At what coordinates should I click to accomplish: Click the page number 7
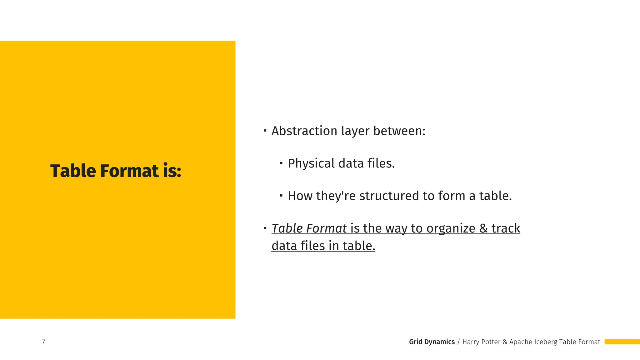(x=43, y=342)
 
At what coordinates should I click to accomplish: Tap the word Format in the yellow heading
(x=129, y=171)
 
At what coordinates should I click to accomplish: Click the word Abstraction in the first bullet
(x=304, y=131)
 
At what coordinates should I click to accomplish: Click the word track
(x=506, y=228)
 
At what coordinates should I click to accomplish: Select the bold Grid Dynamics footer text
(x=432, y=342)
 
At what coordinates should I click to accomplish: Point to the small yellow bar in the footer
(x=622, y=342)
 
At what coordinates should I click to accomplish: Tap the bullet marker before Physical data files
(x=281, y=163)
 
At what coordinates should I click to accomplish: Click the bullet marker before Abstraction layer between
(x=265, y=130)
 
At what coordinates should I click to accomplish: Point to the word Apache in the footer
(x=521, y=342)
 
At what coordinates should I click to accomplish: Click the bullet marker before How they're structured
(x=281, y=195)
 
